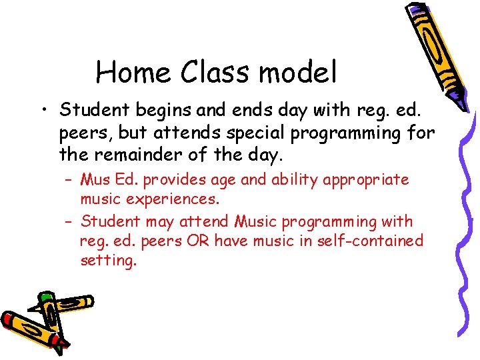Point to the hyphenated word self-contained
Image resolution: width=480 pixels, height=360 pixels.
366,240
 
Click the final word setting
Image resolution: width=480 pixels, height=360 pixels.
108,260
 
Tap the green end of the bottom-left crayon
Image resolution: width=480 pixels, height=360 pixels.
45,296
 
